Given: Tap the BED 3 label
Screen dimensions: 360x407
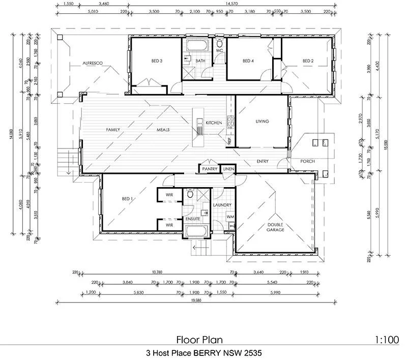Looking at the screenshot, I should click(x=156, y=61).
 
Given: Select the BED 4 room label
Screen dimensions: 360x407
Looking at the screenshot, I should click(x=248, y=61).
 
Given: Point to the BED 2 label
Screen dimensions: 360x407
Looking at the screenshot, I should click(x=308, y=61).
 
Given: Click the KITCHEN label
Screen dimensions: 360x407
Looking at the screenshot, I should click(x=213, y=123).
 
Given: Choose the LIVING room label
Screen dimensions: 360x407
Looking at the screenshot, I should click(x=262, y=122).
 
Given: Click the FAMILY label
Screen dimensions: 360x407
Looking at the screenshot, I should click(x=113, y=130).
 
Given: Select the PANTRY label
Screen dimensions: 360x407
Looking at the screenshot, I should click(x=210, y=169).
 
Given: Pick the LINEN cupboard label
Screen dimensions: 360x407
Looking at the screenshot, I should click(x=228, y=169).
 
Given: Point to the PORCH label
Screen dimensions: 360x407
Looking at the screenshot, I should click(x=307, y=162).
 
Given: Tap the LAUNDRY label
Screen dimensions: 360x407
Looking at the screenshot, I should click(x=222, y=205).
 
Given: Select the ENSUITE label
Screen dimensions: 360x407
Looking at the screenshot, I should click(x=194, y=219).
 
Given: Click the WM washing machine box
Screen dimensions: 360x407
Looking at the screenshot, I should click(x=229, y=217).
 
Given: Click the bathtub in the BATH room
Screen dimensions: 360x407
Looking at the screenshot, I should click(x=196, y=45).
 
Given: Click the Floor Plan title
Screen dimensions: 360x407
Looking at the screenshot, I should click(x=199, y=339).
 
